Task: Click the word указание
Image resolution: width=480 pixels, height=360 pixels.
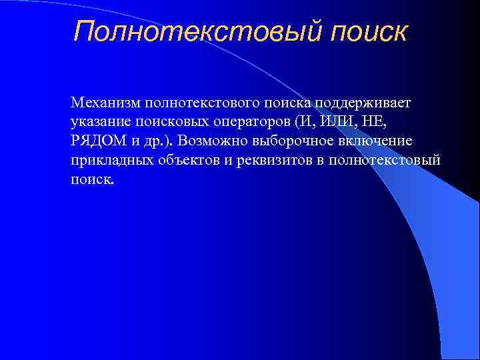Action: tap(97, 123)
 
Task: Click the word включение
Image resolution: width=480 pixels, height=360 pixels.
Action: tap(376, 142)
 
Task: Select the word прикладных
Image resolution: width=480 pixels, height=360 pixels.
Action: tap(109, 161)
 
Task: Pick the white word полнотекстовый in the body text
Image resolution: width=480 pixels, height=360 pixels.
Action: tap(387, 161)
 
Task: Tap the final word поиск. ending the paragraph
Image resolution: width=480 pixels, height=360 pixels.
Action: tap(92, 181)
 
